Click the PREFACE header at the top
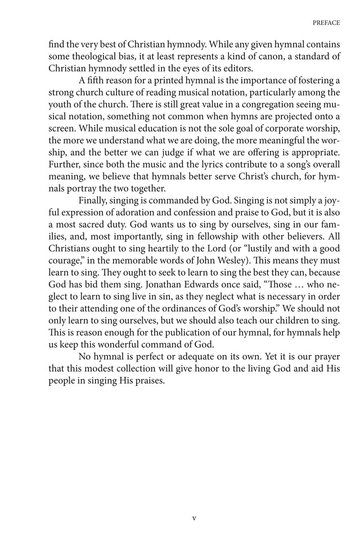[325, 23]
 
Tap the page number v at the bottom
[194, 518]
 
